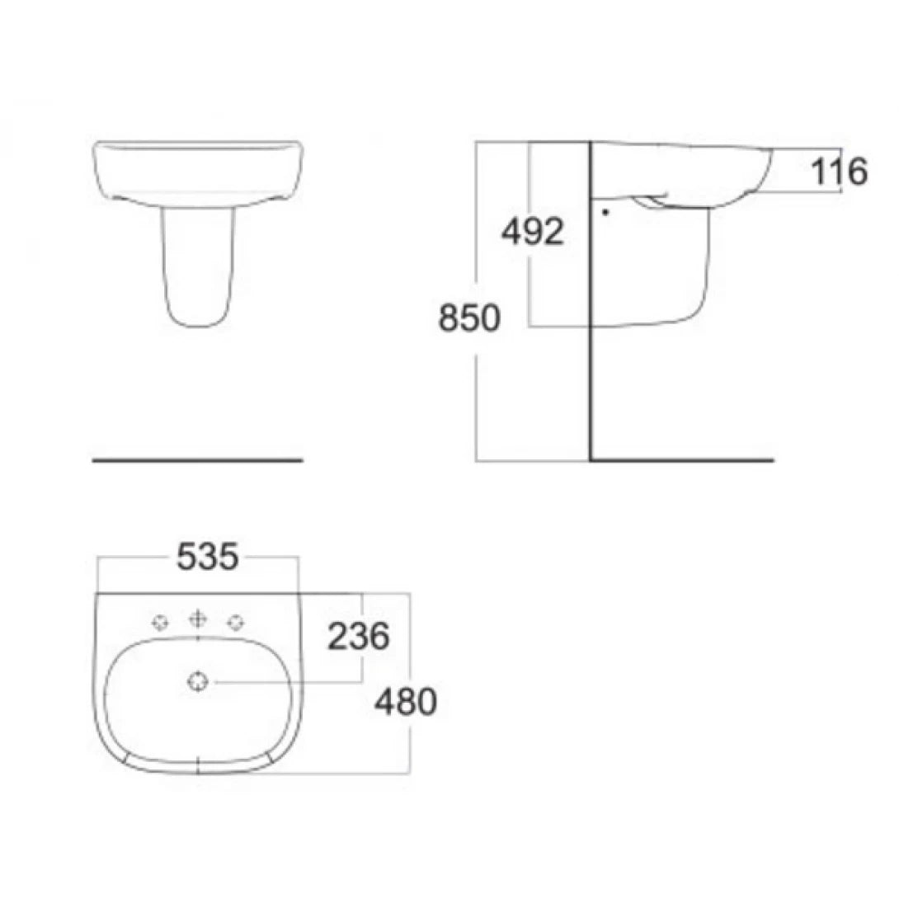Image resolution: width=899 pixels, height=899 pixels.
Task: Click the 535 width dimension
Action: [x=207, y=558]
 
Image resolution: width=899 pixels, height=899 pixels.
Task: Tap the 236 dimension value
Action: [x=358, y=636]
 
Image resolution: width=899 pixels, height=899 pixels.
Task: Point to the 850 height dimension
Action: [x=468, y=318]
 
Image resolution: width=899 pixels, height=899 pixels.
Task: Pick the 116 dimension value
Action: [x=840, y=172]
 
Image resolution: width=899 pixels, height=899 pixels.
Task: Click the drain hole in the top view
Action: [x=198, y=681]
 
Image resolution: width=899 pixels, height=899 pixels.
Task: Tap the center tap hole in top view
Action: [x=197, y=619]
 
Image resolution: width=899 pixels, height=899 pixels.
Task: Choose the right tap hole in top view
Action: [x=238, y=621]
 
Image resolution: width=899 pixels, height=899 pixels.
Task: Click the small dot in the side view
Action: [x=605, y=211]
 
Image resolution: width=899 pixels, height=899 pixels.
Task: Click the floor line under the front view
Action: [x=198, y=459]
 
